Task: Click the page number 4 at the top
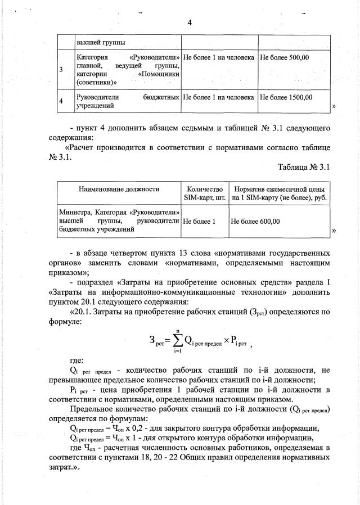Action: click(x=190, y=22)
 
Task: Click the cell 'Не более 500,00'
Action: click(x=284, y=57)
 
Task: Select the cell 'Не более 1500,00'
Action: click(x=286, y=97)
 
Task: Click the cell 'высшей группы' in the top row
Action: click(x=101, y=42)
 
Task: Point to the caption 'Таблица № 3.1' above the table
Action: click(x=303, y=166)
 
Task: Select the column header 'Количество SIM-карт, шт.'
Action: click(x=204, y=193)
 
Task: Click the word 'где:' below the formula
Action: click(x=77, y=360)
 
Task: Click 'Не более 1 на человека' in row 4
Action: click(x=219, y=97)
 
